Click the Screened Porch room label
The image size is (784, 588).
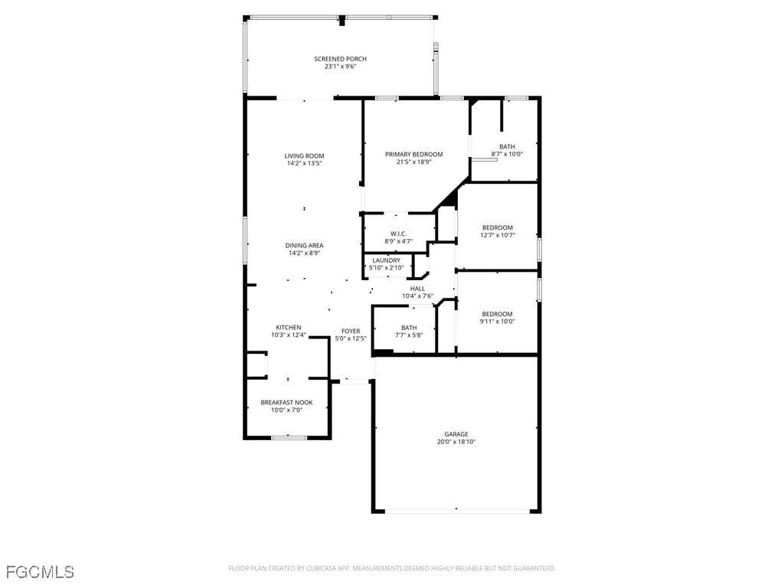tap(340, 59)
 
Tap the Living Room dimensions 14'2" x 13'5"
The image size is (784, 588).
tap(304, 163)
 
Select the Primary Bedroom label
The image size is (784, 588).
tap(413, 154)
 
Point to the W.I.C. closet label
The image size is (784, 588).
tap(398, 234)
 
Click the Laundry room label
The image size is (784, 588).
tap(387, 260)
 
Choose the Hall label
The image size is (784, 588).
tap(418, 289)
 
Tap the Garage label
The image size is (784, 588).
tap(456, 434)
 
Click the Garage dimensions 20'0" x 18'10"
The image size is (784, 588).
tap(456, 442)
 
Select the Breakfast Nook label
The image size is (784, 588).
tap(286, 402)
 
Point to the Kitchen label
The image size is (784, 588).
tap(289, 327)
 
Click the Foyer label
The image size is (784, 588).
tap(351, 331)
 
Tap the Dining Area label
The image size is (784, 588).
tap(304, 246)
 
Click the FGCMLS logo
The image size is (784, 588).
tap(40, 571)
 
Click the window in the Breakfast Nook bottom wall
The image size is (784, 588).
tap(289, 437)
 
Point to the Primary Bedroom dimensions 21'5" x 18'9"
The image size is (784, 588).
tap(413, 162)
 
